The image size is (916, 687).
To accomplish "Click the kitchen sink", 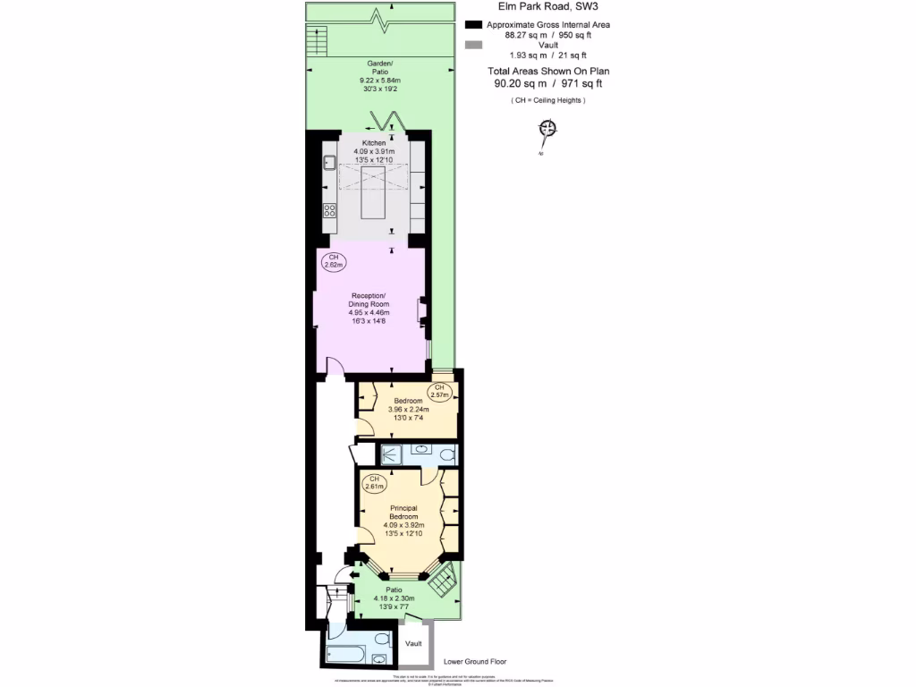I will coord(329,163).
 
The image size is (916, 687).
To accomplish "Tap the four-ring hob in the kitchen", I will coord(329,211).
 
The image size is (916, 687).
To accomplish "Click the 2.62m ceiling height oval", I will coord(334,261).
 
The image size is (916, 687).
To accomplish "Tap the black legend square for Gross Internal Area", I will coord(473,24).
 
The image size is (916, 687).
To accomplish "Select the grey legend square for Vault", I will coord(473,44).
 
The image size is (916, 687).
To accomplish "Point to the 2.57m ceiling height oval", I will coord(438,391).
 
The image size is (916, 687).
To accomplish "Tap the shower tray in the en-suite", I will coord(391,454).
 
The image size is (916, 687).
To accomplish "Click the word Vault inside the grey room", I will coord(413,643).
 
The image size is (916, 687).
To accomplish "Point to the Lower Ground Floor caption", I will coord(475,662).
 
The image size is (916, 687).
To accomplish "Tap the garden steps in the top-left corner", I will coord(315,38).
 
